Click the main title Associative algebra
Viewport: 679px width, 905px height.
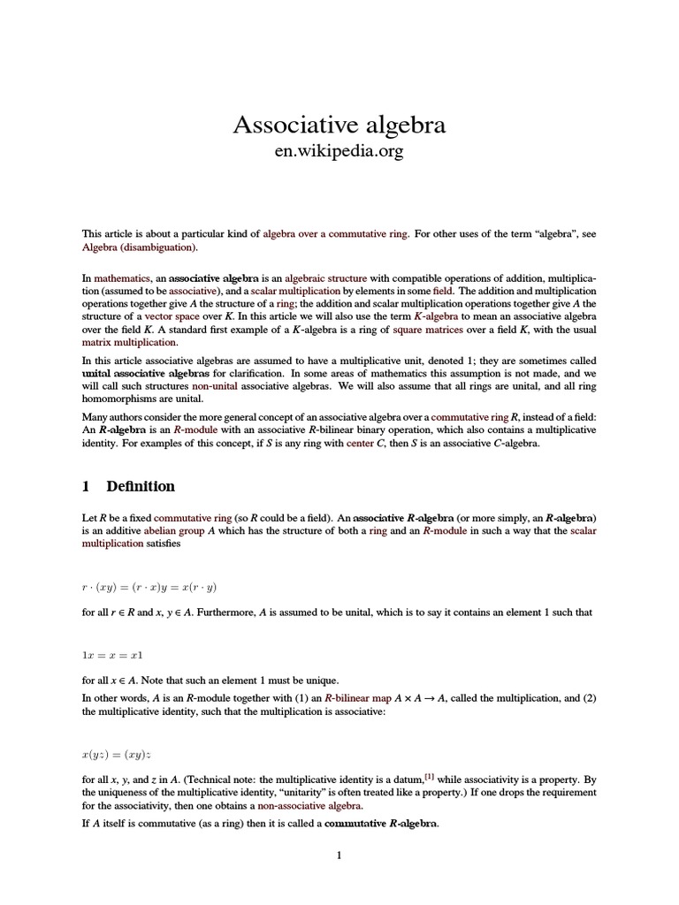[339, 125]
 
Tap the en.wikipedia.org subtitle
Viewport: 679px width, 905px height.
[339, 152]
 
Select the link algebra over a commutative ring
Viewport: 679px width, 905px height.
[336, 234]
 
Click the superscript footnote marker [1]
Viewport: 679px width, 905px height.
[429, 777]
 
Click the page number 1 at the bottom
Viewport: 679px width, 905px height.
[339, 856]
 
